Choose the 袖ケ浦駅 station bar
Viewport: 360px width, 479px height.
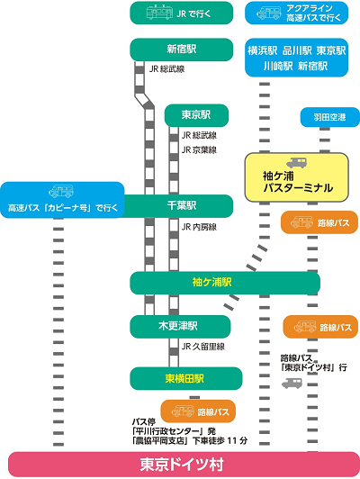pos(225,283)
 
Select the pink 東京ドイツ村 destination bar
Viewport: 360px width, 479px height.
pos(180,465)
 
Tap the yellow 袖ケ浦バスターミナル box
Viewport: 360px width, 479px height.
pos(296,176)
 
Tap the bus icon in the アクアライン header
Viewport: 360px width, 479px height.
pos(268,14)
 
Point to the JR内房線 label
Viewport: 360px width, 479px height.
pos(200,227)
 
